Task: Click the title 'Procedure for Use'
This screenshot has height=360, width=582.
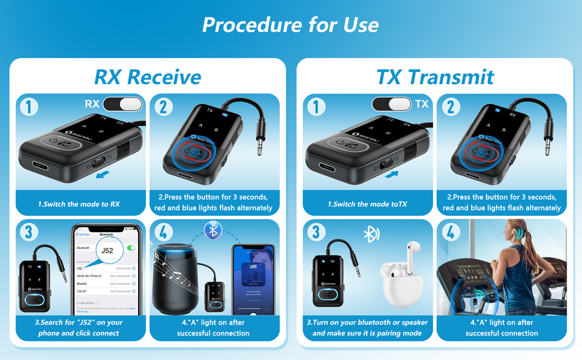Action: (290, 25)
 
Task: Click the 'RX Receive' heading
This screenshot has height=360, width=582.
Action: (148, 77)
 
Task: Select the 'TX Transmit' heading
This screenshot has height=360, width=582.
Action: (435, 77)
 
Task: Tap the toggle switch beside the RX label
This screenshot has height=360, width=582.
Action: (123, 104)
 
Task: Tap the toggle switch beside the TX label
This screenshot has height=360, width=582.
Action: (392, 104)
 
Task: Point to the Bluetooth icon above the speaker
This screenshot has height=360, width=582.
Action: (212, 230)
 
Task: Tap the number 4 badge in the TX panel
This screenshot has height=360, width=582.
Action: (450, 232)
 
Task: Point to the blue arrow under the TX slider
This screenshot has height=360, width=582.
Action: (392, 175)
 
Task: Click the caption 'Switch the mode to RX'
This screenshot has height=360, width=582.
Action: (79, 204)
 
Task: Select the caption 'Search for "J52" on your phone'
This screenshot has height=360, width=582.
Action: (79, 328)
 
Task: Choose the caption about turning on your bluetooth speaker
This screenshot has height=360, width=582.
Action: (367, 328)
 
